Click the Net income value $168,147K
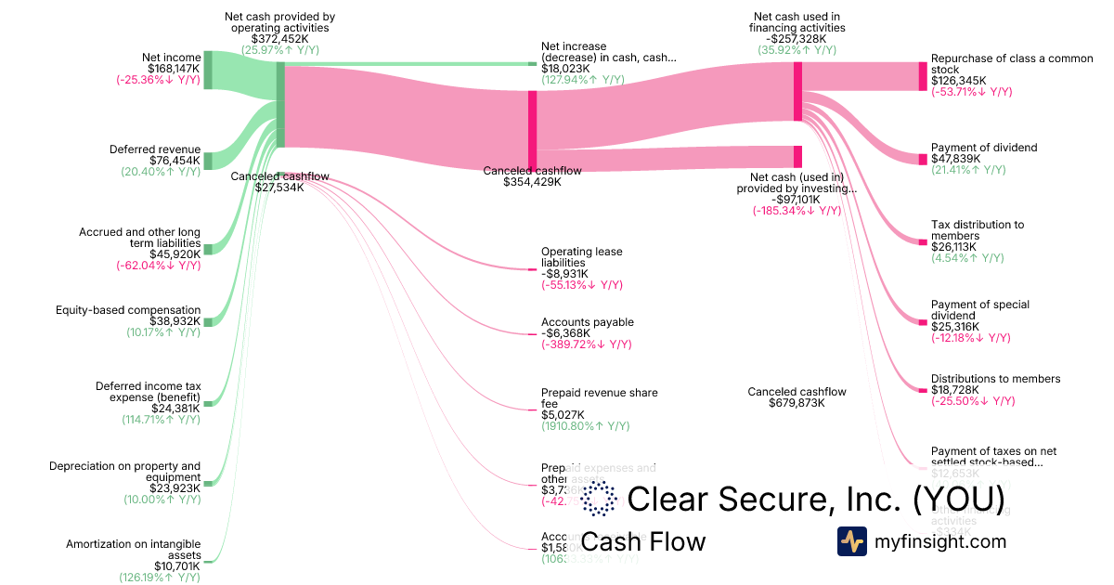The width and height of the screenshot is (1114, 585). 174,69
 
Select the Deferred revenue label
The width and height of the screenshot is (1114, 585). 154,149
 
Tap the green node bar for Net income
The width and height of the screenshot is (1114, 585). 208,71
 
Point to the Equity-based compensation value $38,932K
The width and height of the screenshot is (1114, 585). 175,321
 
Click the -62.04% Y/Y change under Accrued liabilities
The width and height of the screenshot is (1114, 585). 158,266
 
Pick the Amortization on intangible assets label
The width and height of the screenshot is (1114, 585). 133,550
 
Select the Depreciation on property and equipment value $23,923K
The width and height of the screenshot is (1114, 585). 175,487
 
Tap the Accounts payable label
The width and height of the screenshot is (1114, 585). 588,322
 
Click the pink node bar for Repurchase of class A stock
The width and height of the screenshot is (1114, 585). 922,76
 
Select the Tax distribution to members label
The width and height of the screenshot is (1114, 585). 977,230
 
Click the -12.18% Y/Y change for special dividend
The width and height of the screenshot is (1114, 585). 970,338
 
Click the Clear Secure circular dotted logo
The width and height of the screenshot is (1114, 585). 599,500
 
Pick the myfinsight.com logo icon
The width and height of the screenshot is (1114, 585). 851,540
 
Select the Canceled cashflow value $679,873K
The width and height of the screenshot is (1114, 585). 797,403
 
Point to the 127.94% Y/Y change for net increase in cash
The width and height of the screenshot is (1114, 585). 582,80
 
